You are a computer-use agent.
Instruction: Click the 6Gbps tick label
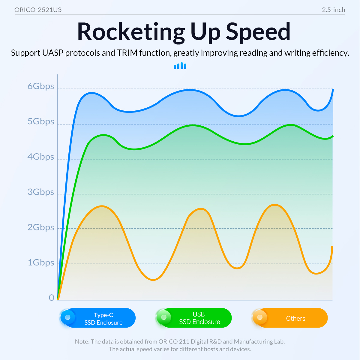41,86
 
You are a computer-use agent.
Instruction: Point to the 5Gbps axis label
41,121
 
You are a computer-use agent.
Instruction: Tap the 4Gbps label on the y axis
41,157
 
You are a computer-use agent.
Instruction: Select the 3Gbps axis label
41,192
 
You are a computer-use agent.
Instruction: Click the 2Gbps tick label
41,227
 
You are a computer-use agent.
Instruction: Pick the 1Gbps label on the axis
41,263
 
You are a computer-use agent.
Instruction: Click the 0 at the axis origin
52,298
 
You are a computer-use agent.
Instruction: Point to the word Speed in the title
258,32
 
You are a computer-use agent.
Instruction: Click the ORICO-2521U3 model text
38,10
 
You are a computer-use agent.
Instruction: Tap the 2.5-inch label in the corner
333,10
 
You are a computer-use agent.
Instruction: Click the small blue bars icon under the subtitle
180,66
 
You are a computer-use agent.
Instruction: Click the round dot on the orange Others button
260,317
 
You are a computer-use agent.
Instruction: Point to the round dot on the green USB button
163,317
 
